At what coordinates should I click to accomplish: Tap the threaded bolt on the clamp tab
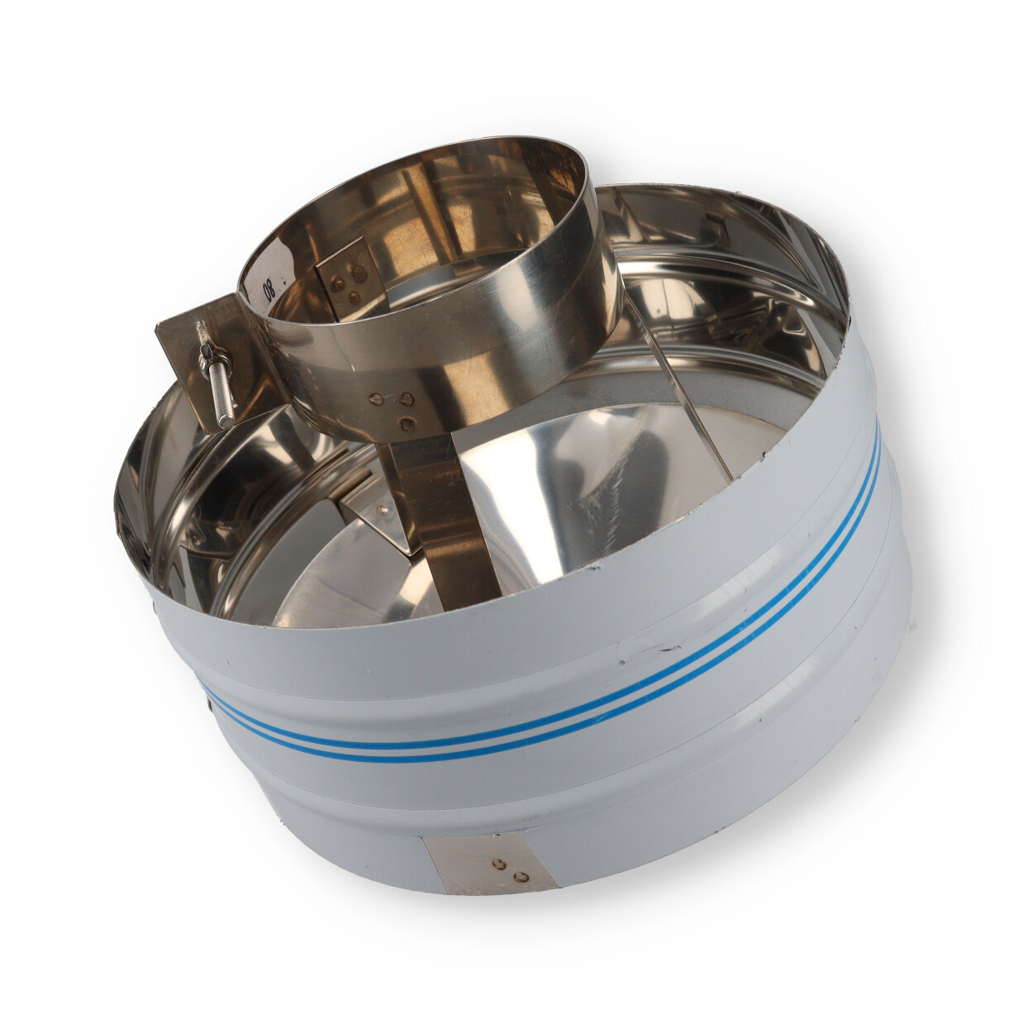coord(217,378)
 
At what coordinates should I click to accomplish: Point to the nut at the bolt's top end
coord(205,351)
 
